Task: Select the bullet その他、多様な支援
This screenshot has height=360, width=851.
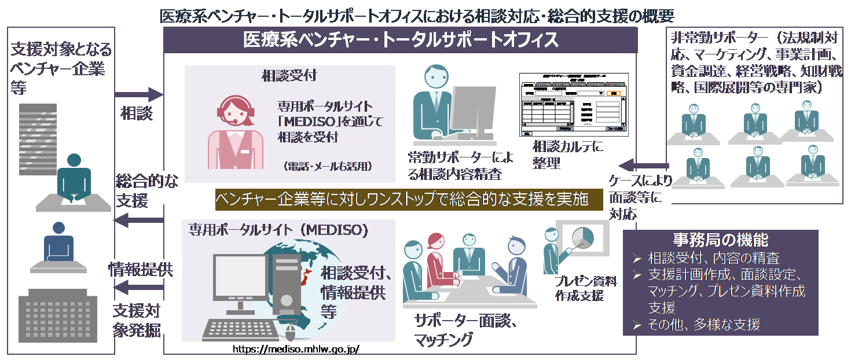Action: click(x=703, y=325)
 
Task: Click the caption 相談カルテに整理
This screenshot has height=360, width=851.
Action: click(x=567, y=155)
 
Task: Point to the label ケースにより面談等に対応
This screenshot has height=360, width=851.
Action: click(x=639, y=197)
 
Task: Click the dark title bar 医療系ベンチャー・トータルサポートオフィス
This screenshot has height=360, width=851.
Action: click(x=401, y=40)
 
